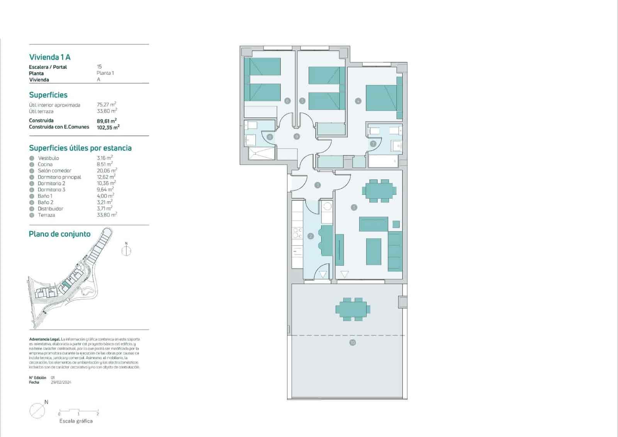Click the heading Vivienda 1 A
(x=50, y=57)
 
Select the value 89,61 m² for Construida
(x=107, y=121)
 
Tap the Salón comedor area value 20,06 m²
(x=107, y=171)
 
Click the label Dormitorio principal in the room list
(x=59, y=177)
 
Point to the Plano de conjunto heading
(x=59, y=234)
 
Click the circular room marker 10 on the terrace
(x=352, y=343)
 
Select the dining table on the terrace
(x=353, y=309)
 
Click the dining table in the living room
(x=379, y=191)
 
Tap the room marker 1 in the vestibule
(x=317, y=185)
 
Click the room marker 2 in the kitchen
(x=311, y=236)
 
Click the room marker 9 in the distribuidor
(x=297, y=136)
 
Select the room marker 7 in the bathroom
(x=373, y=143)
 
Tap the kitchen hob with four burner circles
(x=297, y=232)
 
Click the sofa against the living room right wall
(x=395, y=251)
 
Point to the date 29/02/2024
(x=61, y=382)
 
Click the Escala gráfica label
(x=76, y=421)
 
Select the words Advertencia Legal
(x=44, y=339)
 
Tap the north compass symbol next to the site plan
(x=126, y=250)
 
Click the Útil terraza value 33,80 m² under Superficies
(x=107, y=111)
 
